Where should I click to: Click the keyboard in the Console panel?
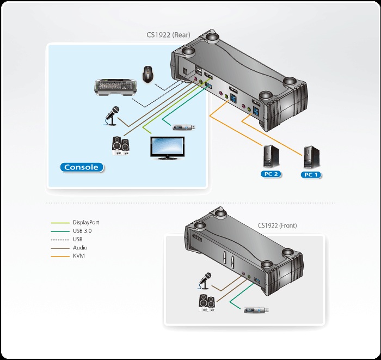point(115,89)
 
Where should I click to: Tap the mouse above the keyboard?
point(148,74)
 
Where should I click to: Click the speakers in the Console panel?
point(122,145)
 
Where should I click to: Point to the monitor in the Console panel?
point(167,148)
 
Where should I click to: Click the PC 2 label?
point(271,174)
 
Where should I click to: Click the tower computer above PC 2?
point(270,157)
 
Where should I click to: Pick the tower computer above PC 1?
point(311,157)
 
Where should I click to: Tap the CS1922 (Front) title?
point(277,225)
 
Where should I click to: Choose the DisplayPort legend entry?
point(85,222)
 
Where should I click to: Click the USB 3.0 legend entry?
point(82,230)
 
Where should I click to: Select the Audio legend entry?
point(79,247)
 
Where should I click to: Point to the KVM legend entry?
point(78,255)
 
